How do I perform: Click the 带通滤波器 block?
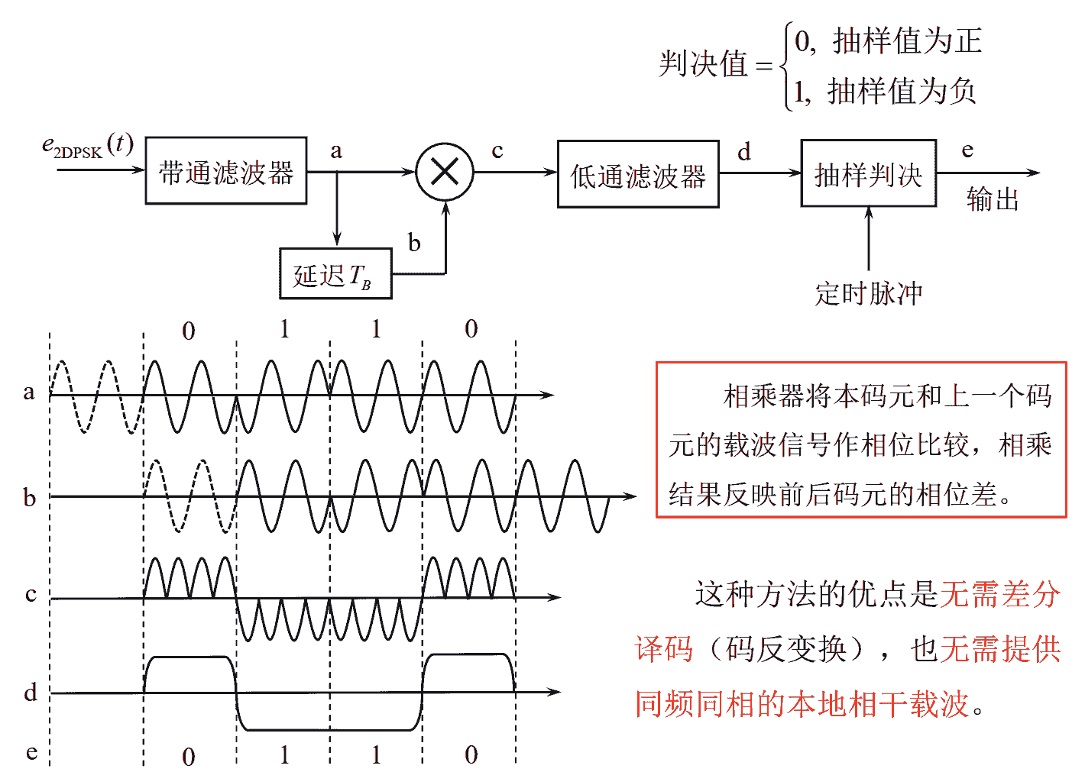(x=226, y=171)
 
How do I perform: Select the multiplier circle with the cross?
(x=445, y=172)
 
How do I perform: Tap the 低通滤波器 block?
(x=638, y=175)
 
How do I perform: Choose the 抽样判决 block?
(x=868, y=173)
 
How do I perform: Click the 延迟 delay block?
(x=335, y=273)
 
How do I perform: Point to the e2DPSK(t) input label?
(x=87, y=145)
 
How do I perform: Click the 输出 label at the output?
(x=993, y=199)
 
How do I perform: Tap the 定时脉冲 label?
(x=869, y=292)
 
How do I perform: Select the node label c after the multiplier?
(x=497, y=150)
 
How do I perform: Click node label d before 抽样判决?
(x=744, y=151)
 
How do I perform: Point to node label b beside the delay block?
(x=414, y=243)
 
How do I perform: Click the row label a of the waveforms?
(x=29, y=392)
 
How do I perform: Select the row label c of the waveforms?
(x=31, y=593)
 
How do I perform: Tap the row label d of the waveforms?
(x=31, y=692)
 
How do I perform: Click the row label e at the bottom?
(x=31, y=751)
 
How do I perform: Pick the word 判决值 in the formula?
(x=703, y=63)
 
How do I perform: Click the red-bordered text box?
(x=861, y=440)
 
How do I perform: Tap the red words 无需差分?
(x=1000, y=594)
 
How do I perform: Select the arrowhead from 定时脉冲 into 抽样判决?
(x=869, y=213)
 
